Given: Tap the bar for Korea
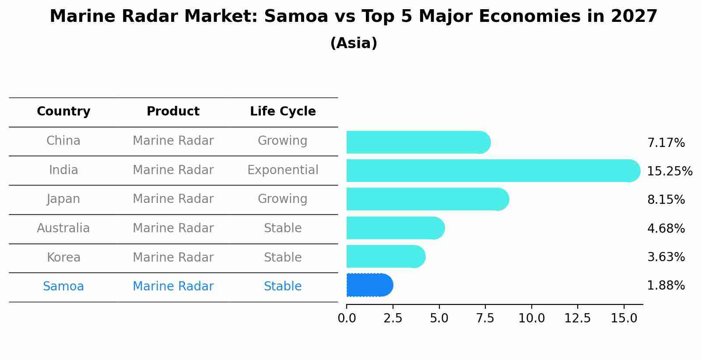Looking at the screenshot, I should coord(385,256).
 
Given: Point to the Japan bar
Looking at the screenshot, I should coord(427,199).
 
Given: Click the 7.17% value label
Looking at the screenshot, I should coord(666,143).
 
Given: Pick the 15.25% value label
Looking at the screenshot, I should coord(669,171).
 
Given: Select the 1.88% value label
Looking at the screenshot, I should coord(666,286).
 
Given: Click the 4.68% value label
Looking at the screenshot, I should coord(666,229).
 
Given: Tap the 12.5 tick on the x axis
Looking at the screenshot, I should coord(577,318).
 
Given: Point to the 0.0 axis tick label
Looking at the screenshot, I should coord(347,318).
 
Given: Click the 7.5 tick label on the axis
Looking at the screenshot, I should coord(485,318).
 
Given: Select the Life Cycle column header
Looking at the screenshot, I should coord(283,112).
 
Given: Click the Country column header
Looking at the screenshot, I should coord(63,112).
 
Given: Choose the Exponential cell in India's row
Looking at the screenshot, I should coord(283,170).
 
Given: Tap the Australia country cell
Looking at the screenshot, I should coord(63,228).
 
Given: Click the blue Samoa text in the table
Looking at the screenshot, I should coord(63,287).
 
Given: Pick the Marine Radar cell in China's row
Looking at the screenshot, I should coord(173,141).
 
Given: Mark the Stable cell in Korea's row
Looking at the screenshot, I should coord(283,258).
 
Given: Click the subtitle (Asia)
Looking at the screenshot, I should coord(354,43).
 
